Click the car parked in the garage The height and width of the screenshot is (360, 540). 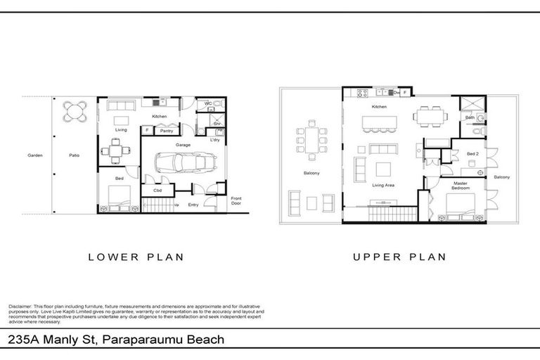click(180, 165)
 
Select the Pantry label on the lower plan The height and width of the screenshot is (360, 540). click(166, 131)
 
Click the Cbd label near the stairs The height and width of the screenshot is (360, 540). click(157, 190)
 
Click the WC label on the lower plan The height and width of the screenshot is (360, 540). click(209, 104)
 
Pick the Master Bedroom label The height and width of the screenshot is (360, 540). click(461, 186)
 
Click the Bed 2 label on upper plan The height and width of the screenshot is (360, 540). click(472, 153)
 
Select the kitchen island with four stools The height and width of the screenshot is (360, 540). click(380, 124)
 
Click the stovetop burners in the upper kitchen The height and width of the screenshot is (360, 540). click(364, 92)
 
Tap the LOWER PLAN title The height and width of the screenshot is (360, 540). click(136, 257)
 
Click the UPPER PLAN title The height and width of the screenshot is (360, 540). click(399, 257)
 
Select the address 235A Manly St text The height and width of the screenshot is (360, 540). click(52, 340)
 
